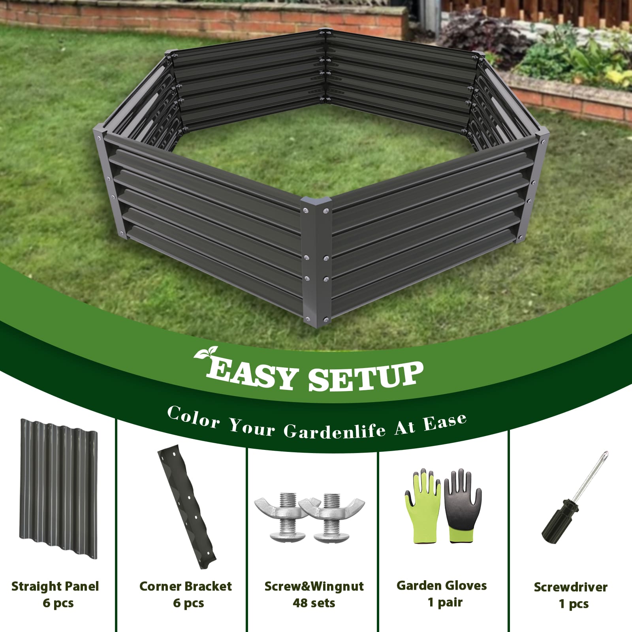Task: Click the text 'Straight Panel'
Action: pyautogui.click(x=55, y=586)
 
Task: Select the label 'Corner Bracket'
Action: pyautogui.click(x=186, y=586)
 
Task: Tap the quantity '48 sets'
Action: pyautogui.click(x=314, y=603)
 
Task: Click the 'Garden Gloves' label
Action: pyautogui.click(x=442, y=585)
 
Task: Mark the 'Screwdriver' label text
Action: pyautogui.click(x=570, y=587)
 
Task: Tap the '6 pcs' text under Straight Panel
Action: pyautogui.click(x=58, y=603)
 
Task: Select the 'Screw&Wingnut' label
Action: pyautogui.click(x=314, y=586)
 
